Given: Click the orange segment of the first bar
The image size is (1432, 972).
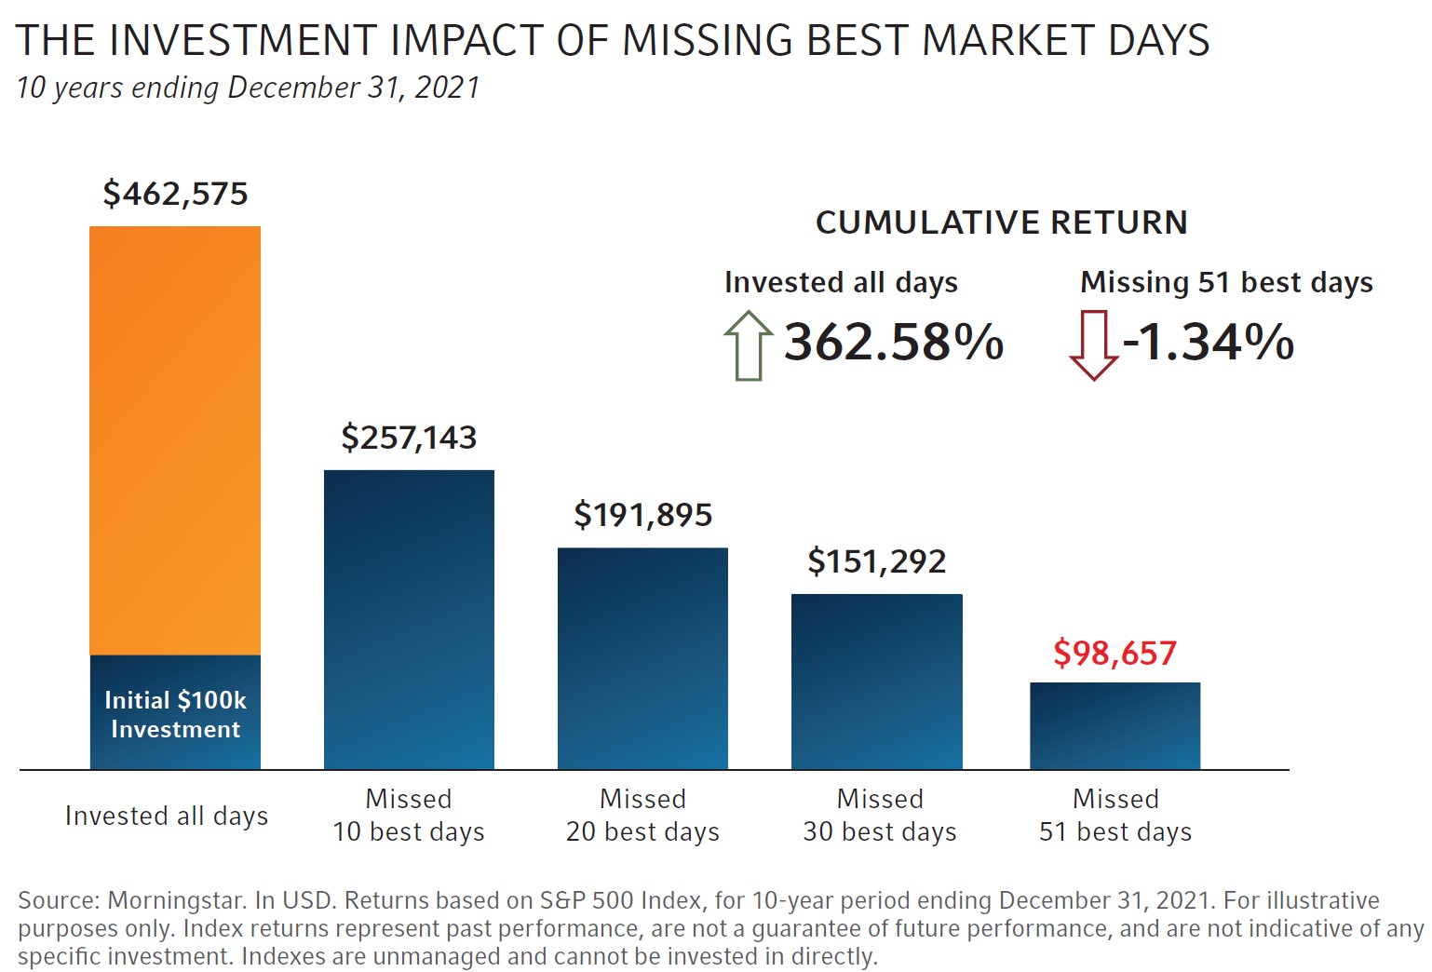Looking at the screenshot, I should click(175, 440).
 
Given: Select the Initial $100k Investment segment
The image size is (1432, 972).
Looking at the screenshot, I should click(175, 713).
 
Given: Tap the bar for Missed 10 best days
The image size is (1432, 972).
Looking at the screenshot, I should click(409, 619).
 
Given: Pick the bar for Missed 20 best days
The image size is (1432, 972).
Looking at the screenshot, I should click(642, 658).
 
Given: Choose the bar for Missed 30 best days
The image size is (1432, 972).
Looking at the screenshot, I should click(876, 682).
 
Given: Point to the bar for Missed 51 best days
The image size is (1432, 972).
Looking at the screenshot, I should click(1115, 725).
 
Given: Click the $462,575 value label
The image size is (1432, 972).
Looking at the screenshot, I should click(175, 194).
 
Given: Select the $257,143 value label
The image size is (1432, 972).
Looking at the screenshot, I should click(409, 438).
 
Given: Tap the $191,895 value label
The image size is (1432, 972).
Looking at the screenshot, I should click(642, 515).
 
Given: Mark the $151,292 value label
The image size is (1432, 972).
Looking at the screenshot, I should click(876, 561).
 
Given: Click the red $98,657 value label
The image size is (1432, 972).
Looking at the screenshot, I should click(1115, 653).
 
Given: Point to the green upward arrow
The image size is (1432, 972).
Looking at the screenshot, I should click(748, 344).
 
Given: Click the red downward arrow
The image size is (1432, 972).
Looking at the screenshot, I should click(1093, 345).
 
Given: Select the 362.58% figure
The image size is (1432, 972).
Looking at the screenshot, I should click(893, 342).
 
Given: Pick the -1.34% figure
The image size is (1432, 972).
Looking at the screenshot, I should click(1209, 342).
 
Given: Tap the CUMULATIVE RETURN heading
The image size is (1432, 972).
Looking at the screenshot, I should click(1001, 223).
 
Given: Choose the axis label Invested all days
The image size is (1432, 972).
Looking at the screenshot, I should click(167, 816).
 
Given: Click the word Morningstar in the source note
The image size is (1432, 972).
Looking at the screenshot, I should click(177, 900).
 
